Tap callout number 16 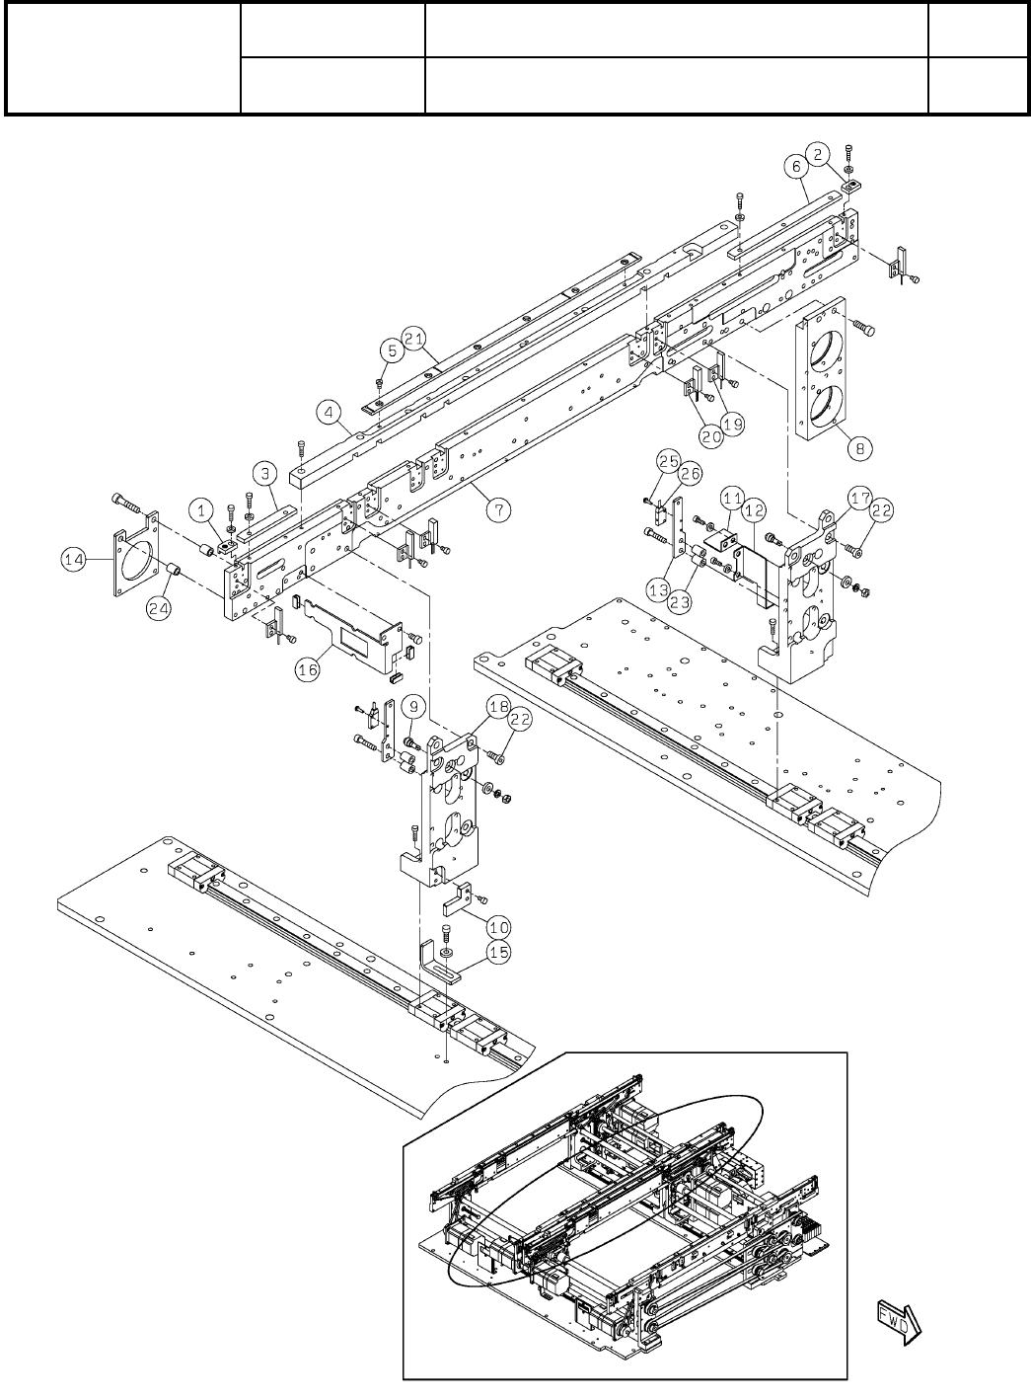pyautogui.click(x=309, y=668)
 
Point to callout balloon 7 pyautogui.click(x=500, y=509)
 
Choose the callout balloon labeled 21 pyautogui.click(x=391, y=350)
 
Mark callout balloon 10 pyautogui.click(x=499, y=926)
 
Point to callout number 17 pyautogui.click(x=858, y=501)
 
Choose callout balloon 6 pyautogui.click(x=797, y=167)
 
